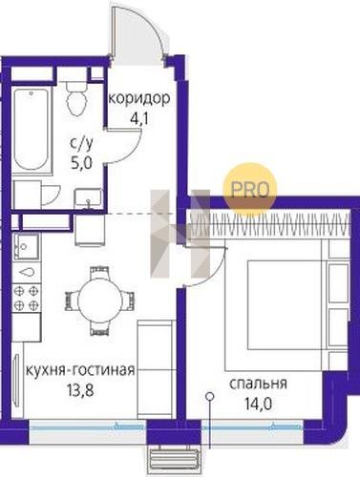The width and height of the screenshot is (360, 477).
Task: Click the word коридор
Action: coord(139,99)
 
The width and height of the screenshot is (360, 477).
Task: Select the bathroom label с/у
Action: coord(82,145)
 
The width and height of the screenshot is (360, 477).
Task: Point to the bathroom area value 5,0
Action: coord(82,164)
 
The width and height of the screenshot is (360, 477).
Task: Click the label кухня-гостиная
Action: coord(80,371)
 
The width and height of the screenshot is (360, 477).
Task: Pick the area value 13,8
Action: coord(80,390)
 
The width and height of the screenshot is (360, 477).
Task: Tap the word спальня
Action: coord(258,384)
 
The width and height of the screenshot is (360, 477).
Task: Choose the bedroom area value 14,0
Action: coord(258,404)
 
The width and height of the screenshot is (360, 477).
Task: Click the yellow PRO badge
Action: coord(250,190)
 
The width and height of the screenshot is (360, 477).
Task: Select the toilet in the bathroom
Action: coord(76,98)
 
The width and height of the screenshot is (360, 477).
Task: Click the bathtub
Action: coord(32,131)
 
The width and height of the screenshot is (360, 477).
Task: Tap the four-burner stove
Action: coord(26,298)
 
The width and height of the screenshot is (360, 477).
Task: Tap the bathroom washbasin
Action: coord(88,199)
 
